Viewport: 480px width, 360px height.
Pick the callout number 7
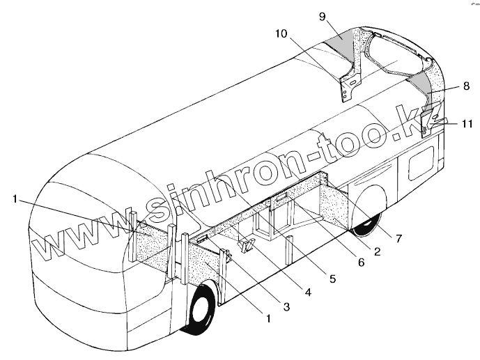coord(398,238)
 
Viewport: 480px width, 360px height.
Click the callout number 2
coord(376,253)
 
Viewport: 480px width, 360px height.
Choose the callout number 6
coord(360,265)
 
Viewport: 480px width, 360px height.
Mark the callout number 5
coord(333,279)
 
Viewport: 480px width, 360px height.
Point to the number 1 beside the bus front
coord(15,198)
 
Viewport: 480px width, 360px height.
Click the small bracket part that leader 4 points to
coord(246,245)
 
